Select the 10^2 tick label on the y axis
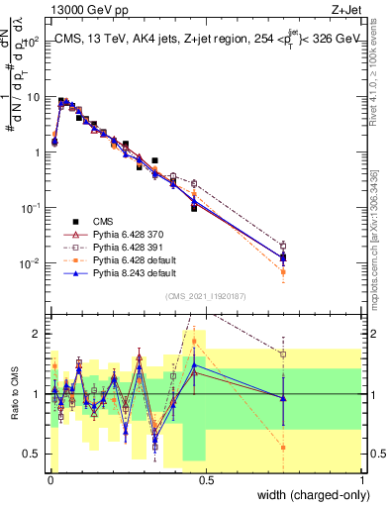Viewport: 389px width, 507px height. pos(31,43)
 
